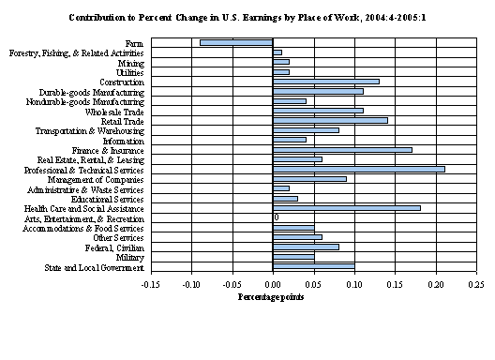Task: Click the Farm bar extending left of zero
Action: coord(235,42)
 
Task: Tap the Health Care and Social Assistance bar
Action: coord(346,208)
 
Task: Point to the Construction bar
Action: coord(325,82)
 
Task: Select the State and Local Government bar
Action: coord(313,266)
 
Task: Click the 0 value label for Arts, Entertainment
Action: coord(277,217)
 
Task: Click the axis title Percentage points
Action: coord(272,297)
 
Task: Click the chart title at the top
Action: coord(247,17)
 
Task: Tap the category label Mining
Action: coord(130,62)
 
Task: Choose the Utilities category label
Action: coord(129,72)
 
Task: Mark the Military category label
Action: coord(129,257)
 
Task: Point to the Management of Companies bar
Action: coord(309,178)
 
